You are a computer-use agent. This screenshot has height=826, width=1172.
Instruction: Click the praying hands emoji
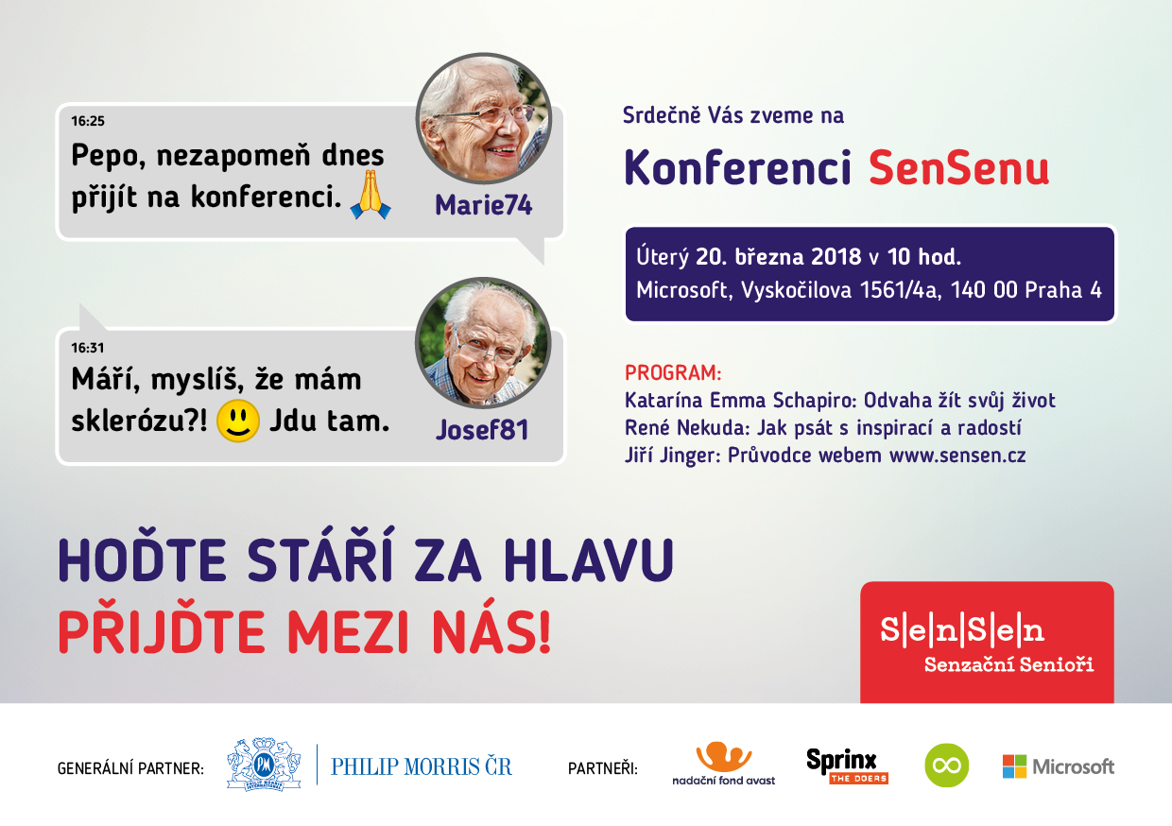[371, 194]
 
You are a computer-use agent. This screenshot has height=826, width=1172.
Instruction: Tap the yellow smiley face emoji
[238, 422]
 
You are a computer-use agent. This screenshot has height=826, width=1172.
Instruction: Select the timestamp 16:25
[88, 121]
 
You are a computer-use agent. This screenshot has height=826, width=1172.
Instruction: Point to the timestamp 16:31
[88, 348]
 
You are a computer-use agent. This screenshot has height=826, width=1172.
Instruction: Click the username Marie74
[484, 204]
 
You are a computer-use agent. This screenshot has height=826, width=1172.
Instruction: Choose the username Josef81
[482, 429]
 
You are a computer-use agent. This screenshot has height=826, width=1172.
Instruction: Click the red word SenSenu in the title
[959, 168]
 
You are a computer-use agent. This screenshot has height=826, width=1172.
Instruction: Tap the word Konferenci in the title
[738, 167]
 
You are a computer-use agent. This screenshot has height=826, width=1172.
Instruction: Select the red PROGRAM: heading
[673, 373]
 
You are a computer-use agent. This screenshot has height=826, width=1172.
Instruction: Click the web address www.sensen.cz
[957, 456]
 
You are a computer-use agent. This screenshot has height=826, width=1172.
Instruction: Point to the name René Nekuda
[684, 428]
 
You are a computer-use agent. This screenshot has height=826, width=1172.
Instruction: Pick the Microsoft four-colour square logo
[1014, 766]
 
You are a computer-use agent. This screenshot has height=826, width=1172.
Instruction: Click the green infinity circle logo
[946, 766]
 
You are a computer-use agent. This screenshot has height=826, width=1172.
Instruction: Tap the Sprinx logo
[847, 766]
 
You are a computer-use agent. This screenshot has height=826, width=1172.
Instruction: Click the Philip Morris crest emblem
[264, 765]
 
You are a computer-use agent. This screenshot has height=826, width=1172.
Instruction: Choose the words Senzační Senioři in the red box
[1008, 664]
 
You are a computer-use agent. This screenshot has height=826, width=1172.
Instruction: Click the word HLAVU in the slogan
[589, 559]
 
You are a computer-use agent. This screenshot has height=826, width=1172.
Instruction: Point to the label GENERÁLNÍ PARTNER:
[130, 768]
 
